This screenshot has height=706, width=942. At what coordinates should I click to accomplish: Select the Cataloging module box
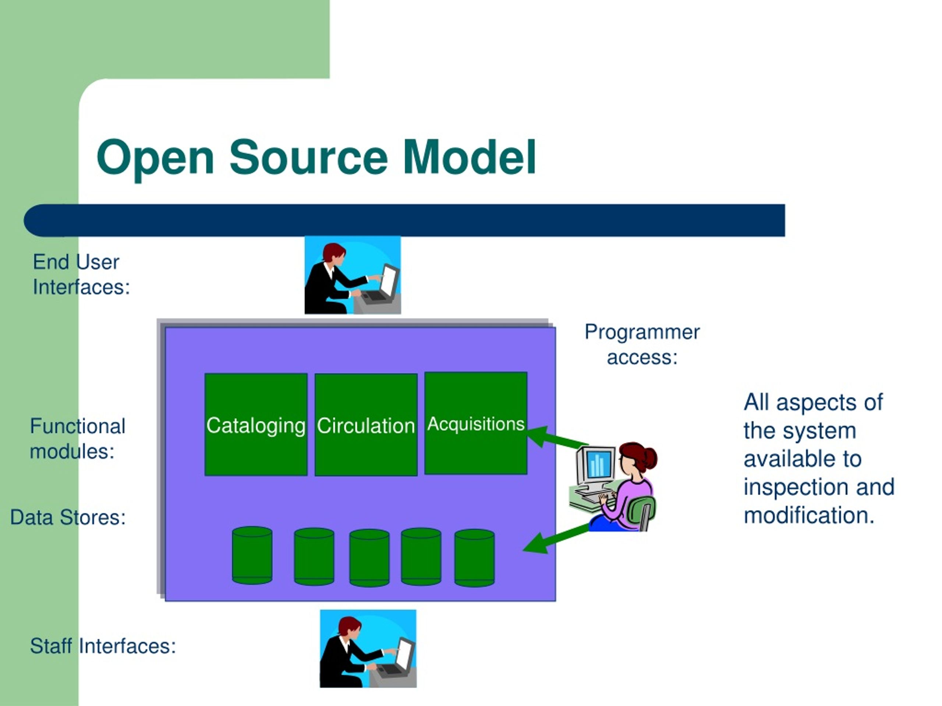coord(256,424)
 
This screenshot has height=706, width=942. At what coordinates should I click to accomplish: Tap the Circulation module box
coord(366,425)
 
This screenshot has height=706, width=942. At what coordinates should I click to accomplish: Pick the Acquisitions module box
coord(476,423)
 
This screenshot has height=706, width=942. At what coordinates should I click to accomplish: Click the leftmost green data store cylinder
coord(252,555)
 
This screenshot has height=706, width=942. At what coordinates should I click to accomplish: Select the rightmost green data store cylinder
coord(474,558)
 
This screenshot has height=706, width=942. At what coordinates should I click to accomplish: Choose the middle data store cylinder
coord(369,558)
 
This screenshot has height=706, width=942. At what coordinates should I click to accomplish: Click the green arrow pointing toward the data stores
coord(556,539)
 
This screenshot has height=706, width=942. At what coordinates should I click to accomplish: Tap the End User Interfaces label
coord(81,274)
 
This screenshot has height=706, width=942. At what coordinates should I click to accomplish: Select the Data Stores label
coord(68,517)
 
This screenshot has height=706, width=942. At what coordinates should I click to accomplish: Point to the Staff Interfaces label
coord(103,646)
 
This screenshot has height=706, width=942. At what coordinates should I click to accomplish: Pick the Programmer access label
coord(642,344)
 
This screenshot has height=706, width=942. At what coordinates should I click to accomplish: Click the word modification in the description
coord(809,516)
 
